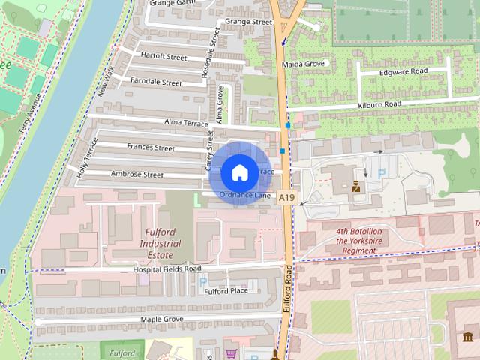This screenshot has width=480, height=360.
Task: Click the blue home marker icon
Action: pyautogui.click(x=239, y=172)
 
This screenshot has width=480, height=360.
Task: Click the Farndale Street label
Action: pyautogui.click(x=156, y=81)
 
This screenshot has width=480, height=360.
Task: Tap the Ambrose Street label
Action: pyautogui.click(x=136, y=175)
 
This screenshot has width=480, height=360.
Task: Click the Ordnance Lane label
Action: pyautogui.click(x=244, y=195)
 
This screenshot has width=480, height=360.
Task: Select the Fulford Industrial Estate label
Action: pyautogui.click(x=160, y=244)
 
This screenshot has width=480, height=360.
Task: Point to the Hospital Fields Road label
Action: pyautogui.click(x=166, y=268)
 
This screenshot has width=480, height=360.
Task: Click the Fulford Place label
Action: pyautogui.click(x=226, y=290)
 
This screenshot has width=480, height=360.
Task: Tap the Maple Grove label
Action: pyautogui.click(x=162, y=319)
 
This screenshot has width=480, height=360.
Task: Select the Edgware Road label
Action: pyautogui.click(x=403, y=70)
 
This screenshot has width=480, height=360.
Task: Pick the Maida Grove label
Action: pyautogui.click(x=301, y=64)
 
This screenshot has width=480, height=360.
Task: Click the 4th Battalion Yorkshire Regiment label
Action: pyautogui.click(x=359, y=237)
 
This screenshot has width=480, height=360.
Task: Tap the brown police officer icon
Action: pyautogui.click(x=357, y=186)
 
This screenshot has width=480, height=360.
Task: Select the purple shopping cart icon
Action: pyautogui.click(x=232, y=352)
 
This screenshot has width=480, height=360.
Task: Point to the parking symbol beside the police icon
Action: pyautogui.click(x=382, y=174)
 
